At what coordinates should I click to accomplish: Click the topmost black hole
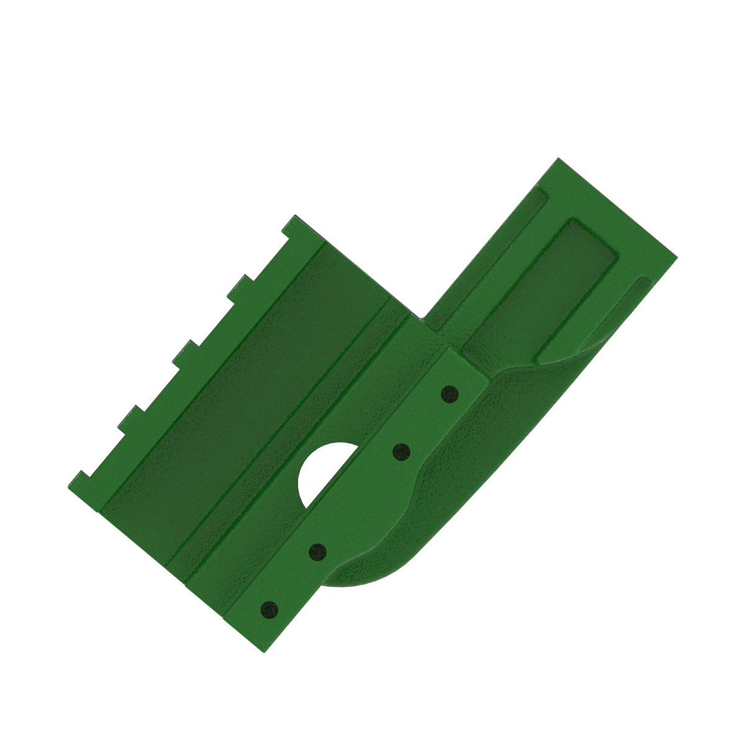click(449, 393)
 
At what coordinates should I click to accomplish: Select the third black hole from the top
click(317, 551)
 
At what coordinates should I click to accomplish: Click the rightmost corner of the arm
click(676, 255)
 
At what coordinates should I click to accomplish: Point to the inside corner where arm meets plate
click(422, 318)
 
